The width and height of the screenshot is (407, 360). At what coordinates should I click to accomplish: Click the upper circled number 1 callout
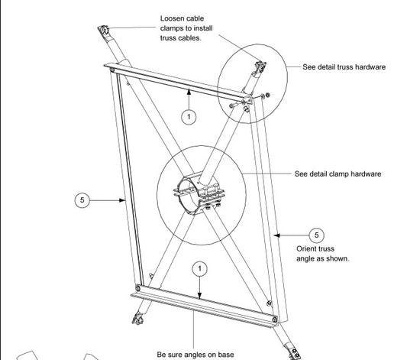[189, 117]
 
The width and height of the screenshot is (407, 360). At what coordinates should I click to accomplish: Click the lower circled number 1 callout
[199, 268]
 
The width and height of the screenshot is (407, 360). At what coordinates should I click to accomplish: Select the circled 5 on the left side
[82, 200]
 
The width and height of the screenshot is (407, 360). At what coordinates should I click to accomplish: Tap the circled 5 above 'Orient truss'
[316, 235]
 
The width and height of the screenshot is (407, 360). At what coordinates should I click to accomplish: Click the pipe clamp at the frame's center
[199, 193]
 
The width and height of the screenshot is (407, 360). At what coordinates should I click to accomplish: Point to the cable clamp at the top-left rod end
[103, 30]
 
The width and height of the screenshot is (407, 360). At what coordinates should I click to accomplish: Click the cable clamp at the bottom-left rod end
[137, 319]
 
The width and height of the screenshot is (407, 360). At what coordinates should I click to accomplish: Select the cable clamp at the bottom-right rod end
[293, 352]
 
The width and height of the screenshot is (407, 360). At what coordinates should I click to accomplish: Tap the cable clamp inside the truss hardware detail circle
[260, 67]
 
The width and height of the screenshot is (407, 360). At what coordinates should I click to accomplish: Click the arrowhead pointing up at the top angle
[189, 92]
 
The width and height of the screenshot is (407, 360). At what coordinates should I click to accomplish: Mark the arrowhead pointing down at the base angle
[199, 296]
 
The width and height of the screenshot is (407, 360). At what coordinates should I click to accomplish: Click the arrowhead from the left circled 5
[122, 200]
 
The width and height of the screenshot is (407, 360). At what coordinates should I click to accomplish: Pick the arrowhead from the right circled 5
[277, 235]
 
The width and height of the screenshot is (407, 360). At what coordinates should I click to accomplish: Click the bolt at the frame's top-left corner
[112, 70]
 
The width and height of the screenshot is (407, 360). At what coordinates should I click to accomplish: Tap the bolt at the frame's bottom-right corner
[275, 319]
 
